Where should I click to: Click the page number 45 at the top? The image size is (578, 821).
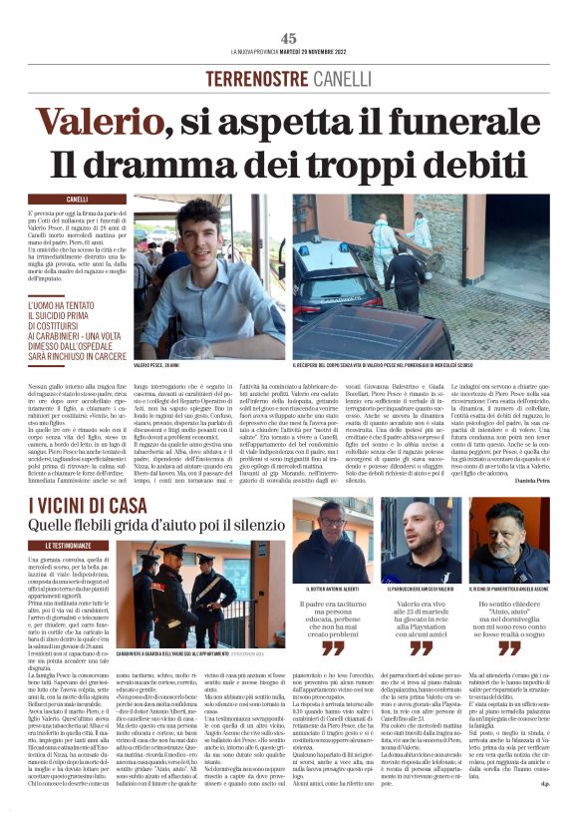point(289,38)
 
